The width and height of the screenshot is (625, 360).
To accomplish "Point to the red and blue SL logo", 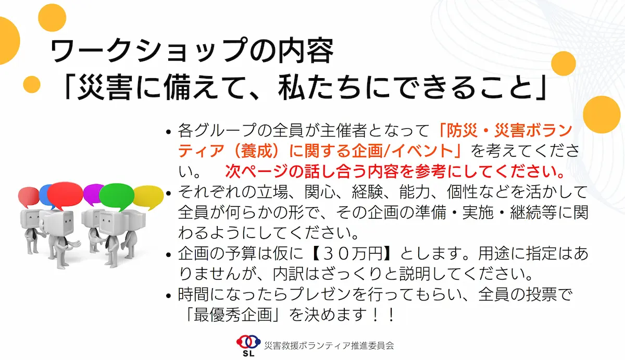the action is point(248,345).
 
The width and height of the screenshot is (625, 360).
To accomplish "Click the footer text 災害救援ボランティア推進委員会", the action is point(329,346).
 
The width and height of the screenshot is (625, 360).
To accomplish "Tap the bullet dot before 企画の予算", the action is point(168,255).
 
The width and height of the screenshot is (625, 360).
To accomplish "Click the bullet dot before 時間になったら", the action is point(168,295).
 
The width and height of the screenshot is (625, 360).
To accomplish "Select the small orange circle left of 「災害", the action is point(32,84).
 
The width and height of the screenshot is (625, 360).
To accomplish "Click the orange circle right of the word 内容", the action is point(564,64).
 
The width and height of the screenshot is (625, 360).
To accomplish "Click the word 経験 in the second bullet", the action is point(367,192).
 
